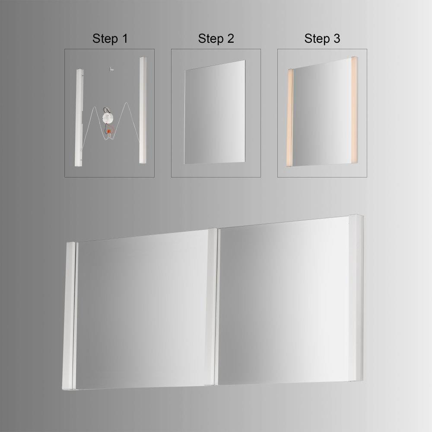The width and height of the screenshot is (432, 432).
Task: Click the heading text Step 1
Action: point(110,38)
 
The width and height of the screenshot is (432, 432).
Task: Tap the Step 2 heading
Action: point(216,38)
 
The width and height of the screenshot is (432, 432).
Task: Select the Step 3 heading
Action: point(322,38)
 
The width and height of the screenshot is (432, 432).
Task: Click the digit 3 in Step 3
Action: point(337,38)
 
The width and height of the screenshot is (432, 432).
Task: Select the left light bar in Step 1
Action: point(79,118)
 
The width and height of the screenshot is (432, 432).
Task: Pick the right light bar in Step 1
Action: point(143,110)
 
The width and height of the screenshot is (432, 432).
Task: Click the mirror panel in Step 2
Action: point(215,112)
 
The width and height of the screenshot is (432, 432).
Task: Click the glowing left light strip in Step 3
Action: point(290,118)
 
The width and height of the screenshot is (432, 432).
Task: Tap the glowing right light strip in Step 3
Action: point(354,110)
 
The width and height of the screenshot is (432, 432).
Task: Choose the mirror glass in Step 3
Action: point(322,113)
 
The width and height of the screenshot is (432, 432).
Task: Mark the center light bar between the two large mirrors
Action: point(213,306)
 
